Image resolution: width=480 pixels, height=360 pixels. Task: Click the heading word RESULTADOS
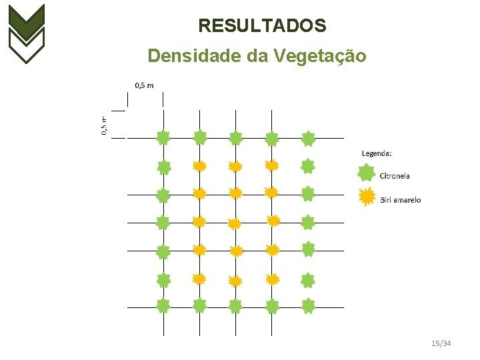[x=262, y=26]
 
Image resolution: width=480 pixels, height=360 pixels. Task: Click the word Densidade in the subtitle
[x=195, y=56]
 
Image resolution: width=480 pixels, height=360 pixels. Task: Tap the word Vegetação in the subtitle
[x=319, y=56]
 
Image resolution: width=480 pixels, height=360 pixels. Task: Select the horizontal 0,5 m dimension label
[x=144, y=85]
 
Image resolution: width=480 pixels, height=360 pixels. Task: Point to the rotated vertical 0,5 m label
[x=104, y=124]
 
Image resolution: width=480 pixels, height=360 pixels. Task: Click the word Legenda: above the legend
[x=377, y=153]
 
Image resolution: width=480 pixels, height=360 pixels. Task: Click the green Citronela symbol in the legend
[x=366, y=173]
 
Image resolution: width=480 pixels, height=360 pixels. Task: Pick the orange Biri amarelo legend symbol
[x=366, y=198]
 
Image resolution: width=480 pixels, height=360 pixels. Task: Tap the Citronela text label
[x=395, y=176]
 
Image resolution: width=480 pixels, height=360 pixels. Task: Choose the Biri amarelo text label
[x=401, y=200]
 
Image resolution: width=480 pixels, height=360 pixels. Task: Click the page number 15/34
[x=441, y=343]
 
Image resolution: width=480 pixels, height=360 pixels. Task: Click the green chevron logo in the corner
[x=26, y=33]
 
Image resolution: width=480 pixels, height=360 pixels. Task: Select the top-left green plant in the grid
[x=163, y=138]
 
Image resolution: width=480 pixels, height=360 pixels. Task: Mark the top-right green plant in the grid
[x=308, y=139]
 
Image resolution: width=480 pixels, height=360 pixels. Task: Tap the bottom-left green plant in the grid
[x=163, y=305]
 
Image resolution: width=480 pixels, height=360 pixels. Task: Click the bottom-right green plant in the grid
[x=308, y=306]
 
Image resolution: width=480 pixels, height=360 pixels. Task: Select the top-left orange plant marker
[x=199, y=166]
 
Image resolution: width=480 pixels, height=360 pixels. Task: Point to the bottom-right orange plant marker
[x=272, y=279]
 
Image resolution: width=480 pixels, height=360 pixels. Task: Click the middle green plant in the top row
[x=235, y=138]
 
